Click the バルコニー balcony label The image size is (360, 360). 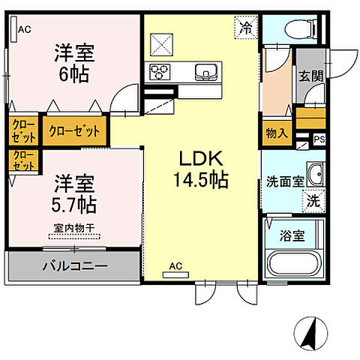(73, 265)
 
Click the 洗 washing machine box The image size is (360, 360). (313, 201)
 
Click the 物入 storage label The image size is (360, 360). (277, 133)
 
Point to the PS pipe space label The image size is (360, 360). (319, 138)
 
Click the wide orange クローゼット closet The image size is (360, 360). (74, 130)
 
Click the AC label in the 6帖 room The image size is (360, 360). (25, 30)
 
